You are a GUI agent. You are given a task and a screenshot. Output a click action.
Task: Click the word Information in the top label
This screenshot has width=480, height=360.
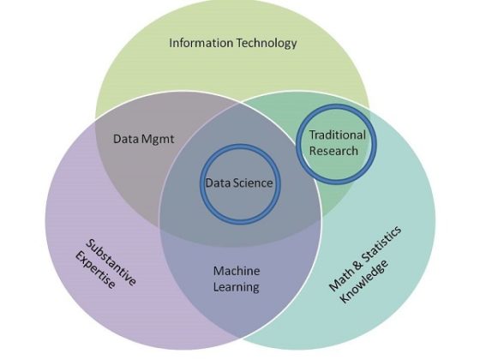(x=201, y=43)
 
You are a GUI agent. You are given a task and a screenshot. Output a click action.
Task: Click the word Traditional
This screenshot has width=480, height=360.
(x=338, y=135)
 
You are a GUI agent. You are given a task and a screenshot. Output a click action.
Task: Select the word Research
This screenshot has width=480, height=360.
(x=333, y=151)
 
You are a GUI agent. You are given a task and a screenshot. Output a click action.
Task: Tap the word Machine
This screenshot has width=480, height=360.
(x=237, y=271)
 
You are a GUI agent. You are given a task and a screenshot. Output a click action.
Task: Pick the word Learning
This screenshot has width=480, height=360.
(x=236, y=288)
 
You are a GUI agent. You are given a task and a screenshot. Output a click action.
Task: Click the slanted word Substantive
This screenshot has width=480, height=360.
(x=111, y=262)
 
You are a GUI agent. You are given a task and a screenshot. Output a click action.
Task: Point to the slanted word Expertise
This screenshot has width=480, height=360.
(x=95, y=270)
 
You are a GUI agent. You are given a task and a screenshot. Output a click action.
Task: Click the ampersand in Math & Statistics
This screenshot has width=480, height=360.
(x=357, y=264)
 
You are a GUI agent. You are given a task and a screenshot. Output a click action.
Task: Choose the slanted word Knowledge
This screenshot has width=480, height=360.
(x=364, y=281)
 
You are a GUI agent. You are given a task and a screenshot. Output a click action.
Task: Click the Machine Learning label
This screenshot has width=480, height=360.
(x=237, y=279)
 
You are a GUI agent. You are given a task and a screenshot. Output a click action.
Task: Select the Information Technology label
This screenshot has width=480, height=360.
(x=233, y=44)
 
